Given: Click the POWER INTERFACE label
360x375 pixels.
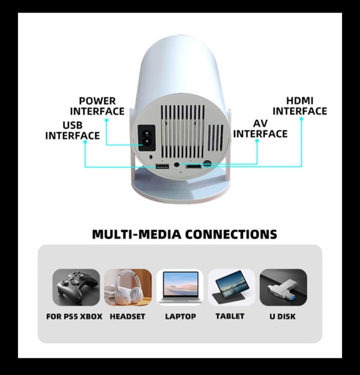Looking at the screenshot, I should (97, 106).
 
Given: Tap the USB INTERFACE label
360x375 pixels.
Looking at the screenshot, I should (73, 130).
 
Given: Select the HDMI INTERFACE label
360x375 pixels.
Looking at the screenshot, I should (300, 106).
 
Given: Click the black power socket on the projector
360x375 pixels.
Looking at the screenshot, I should (146, 134).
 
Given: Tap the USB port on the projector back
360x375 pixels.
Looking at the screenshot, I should (161, 166).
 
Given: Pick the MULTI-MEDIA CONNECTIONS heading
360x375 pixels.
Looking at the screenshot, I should (185, 233).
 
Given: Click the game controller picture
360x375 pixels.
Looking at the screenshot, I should (76, 287).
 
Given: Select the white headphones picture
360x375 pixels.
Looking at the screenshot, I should (128, 287).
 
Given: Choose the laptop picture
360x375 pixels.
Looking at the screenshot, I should (180, 287).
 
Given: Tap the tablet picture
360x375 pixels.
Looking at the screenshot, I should (232, 287).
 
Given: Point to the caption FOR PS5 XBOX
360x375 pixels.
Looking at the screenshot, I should (74, 316).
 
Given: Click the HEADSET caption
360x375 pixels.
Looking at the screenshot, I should (127, 316).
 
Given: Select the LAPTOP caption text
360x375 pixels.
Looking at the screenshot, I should (180, 316).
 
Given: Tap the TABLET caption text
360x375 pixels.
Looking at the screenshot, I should (232, 316).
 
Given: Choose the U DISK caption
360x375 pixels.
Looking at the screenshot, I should (283, 316).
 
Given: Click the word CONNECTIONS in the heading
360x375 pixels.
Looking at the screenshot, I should (230, 233).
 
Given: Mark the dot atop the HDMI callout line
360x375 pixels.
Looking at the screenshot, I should (301, 118).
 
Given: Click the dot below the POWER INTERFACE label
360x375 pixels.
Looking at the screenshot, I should (107, 120).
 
